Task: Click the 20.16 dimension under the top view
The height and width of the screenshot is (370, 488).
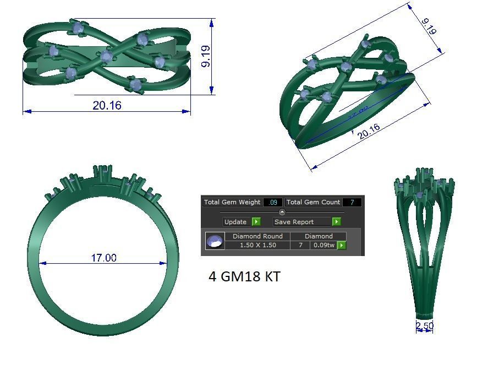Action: click(107, 105)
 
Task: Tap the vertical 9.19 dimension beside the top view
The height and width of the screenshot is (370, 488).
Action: click(206, 56)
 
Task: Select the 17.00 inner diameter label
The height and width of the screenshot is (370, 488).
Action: click(103, 258)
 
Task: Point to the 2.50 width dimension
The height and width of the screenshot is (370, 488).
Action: click(424, 326)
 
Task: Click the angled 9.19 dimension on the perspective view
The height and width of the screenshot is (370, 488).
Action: click(429, 26)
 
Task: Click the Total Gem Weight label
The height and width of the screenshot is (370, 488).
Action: click(232, 202)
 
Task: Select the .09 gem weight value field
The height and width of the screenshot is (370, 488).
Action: click(272, 202)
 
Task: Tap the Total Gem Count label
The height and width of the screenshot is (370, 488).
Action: click(313, 202)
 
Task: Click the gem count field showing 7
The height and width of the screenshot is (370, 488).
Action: click(352, 202)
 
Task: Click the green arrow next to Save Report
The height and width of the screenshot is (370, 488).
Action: click(336, 221)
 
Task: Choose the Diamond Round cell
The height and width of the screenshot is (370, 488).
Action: click(257, 236)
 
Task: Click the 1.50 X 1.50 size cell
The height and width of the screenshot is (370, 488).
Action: click(257, 245)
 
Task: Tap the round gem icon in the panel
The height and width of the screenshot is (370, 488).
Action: click(215, 241)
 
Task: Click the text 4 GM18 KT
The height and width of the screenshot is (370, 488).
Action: click(244, 276)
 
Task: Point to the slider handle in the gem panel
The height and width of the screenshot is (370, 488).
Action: click(282, 212)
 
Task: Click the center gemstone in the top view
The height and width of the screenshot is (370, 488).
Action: click(106, 56)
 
